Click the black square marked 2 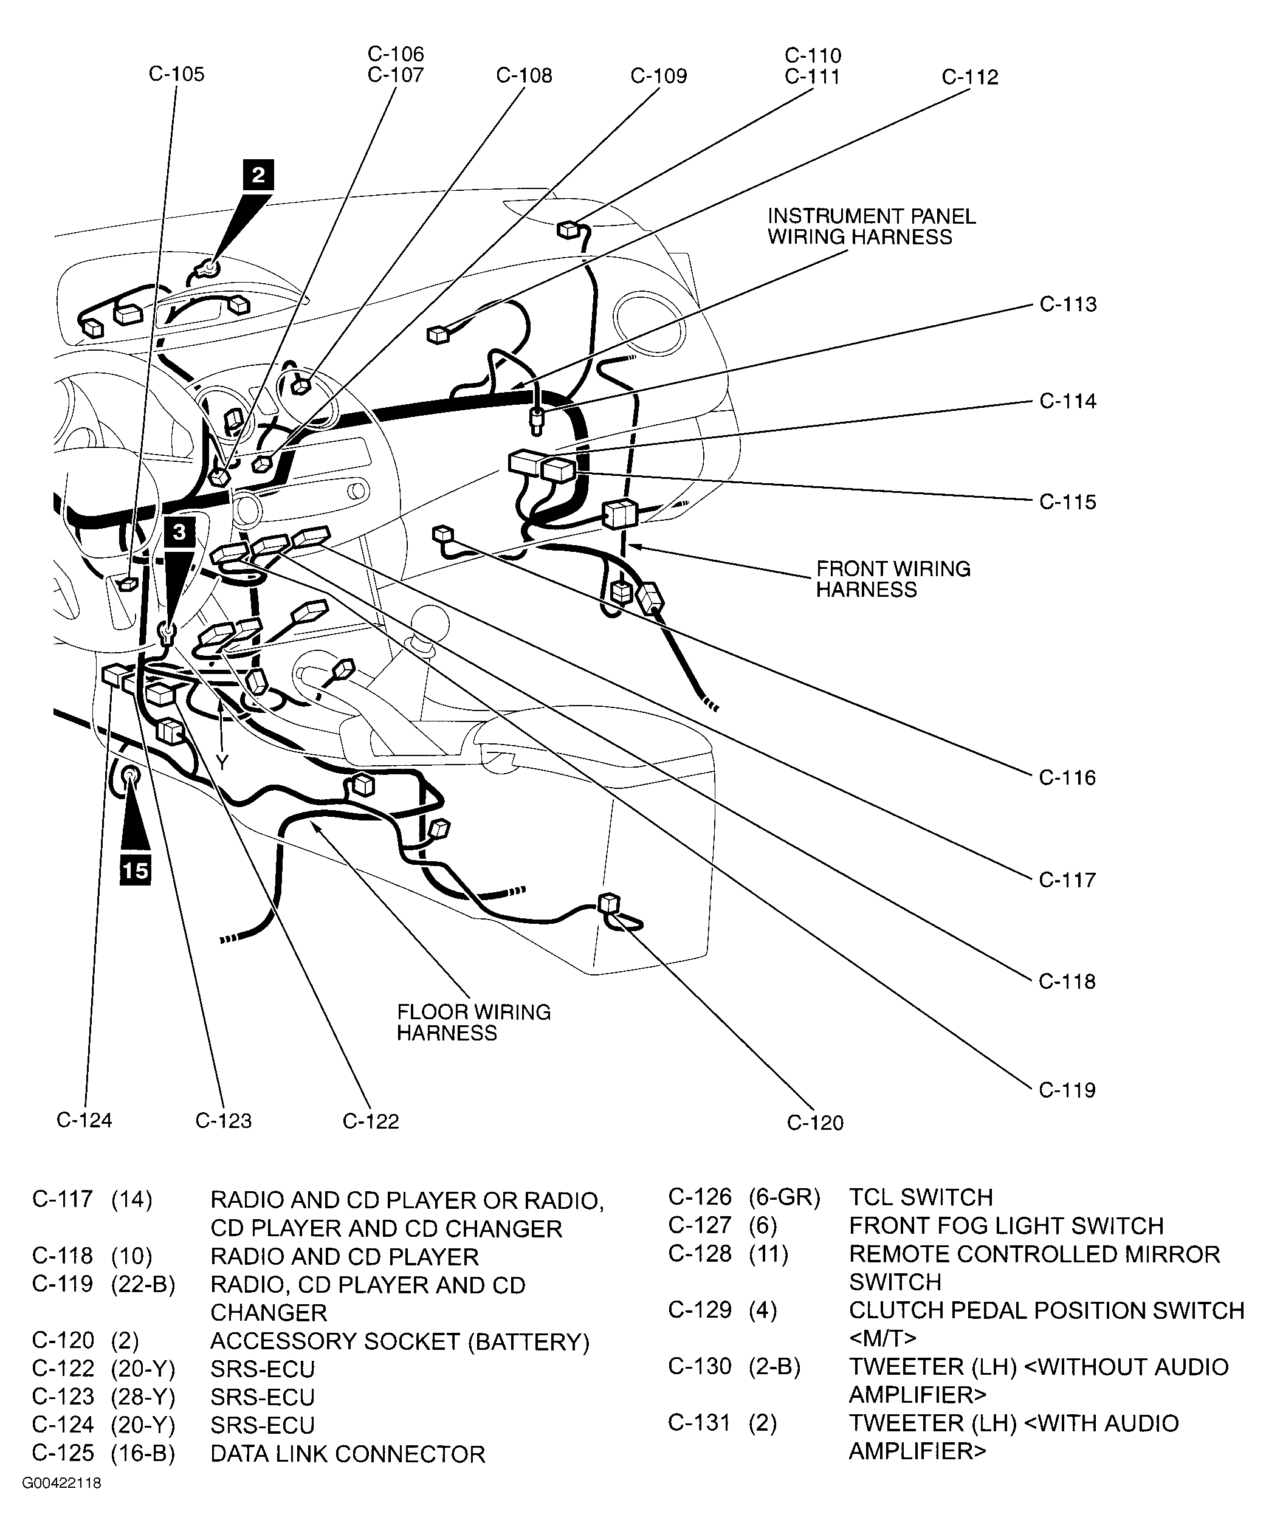[x=258, y=176]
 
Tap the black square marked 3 [x=179, y=532]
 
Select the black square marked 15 [x=135, y=870]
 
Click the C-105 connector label [x=176, y=74]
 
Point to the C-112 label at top [x=970, y=77]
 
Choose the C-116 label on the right [x=1067, y=777]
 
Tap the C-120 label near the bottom [x=814, y=1123]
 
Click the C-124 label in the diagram [x=84, y=1120]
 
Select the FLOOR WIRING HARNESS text [x=473, y=1022]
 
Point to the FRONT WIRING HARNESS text [x=893, y=579]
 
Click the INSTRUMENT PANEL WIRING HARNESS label [x=871, y=227]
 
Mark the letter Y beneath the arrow [x=222, y=763]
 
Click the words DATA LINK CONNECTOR [x=347, y=1454]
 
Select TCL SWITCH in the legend [x=920, y=1197]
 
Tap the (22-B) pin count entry [x=143, y=1285]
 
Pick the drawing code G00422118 [x=61, y=1483]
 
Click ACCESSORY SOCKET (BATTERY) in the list [x=400, y=1341]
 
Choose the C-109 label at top [x=658, y=77]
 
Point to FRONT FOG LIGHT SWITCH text [x=1006, y=1226]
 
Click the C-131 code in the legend [x=698, y=1422]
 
